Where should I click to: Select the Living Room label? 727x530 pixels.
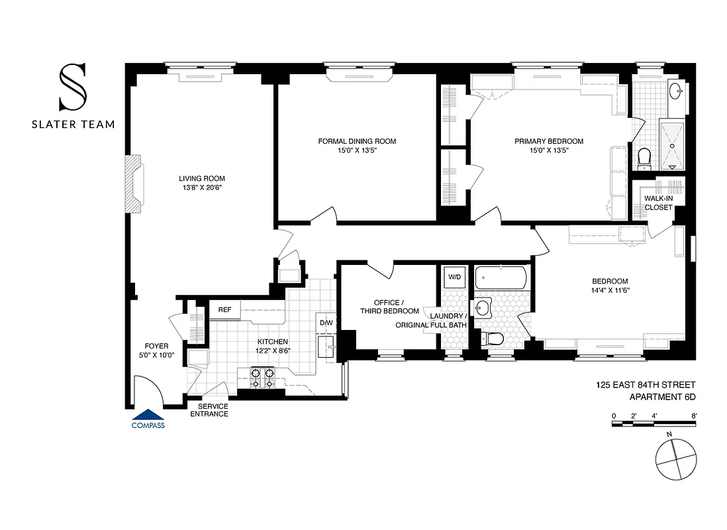(202, 178)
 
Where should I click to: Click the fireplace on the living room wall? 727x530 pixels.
(134, 184)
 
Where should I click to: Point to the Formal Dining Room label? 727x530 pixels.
(357, 141)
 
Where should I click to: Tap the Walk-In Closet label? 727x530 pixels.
(658, 203)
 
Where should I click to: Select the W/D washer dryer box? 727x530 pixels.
(454, 276)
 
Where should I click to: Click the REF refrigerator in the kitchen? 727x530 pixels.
(224, 309)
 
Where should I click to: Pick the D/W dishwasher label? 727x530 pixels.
(326, 323)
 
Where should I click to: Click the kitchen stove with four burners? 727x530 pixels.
(262, 378)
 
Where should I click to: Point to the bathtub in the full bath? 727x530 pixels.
(501, 276)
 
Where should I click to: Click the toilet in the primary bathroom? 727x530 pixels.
(644, 157)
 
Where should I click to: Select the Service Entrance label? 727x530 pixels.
(209, 410)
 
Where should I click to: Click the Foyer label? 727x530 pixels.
(156, 346)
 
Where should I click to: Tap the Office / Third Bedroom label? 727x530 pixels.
(389, 307)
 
